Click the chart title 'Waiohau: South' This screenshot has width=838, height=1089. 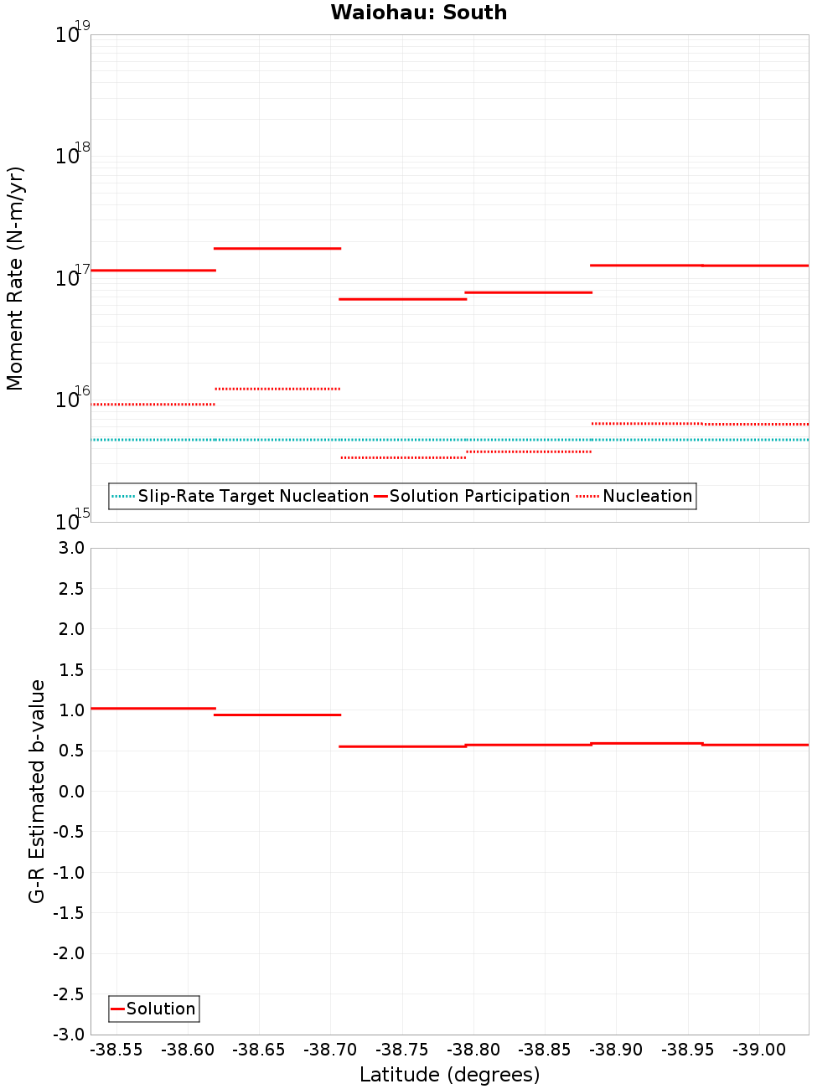(418, 13)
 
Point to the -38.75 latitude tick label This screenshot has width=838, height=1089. (401, 1050)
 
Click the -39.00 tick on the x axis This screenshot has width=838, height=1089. (759, 1050)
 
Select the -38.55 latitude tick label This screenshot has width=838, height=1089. (116, 1050)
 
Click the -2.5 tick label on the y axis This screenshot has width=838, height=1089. (70, 994)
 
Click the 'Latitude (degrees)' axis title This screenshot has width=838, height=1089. (449, 1076)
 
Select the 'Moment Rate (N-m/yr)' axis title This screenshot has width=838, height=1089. (15, 278)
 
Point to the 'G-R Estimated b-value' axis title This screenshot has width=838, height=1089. (37, 792)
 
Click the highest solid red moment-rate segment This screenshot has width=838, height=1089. (277, 249)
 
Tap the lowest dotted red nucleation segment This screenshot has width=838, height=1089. (403, 458)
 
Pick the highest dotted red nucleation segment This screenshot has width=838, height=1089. (277, 390)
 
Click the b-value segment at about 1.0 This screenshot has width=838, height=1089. (153, 709)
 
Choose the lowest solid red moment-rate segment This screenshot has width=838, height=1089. (403, 299)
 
